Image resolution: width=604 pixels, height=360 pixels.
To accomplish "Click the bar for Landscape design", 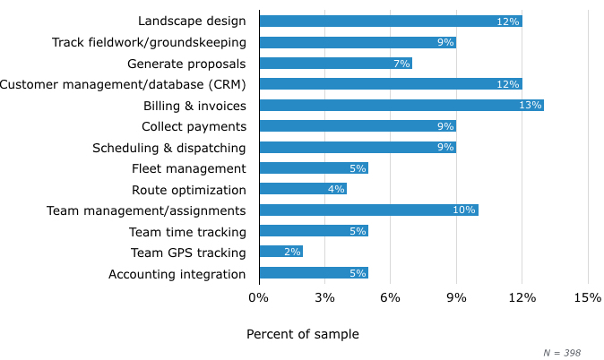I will [x=390, y=21].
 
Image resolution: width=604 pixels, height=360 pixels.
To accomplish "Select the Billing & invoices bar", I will [x=401, y=105].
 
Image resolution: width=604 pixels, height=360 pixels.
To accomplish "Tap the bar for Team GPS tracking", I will [x=280, y=252].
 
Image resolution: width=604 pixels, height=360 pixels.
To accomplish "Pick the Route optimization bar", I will [x=302, y=189].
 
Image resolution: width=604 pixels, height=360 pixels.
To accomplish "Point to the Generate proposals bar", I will [x=335, y=63].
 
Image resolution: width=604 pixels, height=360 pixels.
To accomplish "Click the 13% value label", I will [x=531, y=106].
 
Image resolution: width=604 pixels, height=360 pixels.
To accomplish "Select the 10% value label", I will [x=464, y=210].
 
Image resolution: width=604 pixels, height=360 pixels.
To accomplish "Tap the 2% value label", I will [x=292, y=253].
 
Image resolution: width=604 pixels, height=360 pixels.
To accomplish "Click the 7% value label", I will [x=401, y=64].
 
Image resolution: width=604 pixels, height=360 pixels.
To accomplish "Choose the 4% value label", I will [x=335, y=190].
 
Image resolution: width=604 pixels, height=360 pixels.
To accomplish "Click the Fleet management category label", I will [x=188, y=168].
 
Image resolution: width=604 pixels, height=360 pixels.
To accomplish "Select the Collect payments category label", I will [x=194, y=126].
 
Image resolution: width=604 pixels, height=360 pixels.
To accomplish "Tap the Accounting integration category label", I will [x=177, y=274].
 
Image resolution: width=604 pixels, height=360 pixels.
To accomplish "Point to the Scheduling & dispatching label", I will [x=168, y=147].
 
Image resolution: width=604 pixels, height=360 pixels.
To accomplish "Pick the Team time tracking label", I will [x=187, y=232].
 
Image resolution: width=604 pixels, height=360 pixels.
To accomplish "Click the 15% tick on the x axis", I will [x=587, y=297].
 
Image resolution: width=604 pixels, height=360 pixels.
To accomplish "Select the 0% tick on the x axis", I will [x=258, y=297].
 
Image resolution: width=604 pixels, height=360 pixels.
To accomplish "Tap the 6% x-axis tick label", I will [x=390, y=297].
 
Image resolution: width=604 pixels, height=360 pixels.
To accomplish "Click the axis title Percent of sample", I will [x=302, y=334].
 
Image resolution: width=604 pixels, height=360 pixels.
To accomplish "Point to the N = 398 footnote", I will [x=562, y=353].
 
